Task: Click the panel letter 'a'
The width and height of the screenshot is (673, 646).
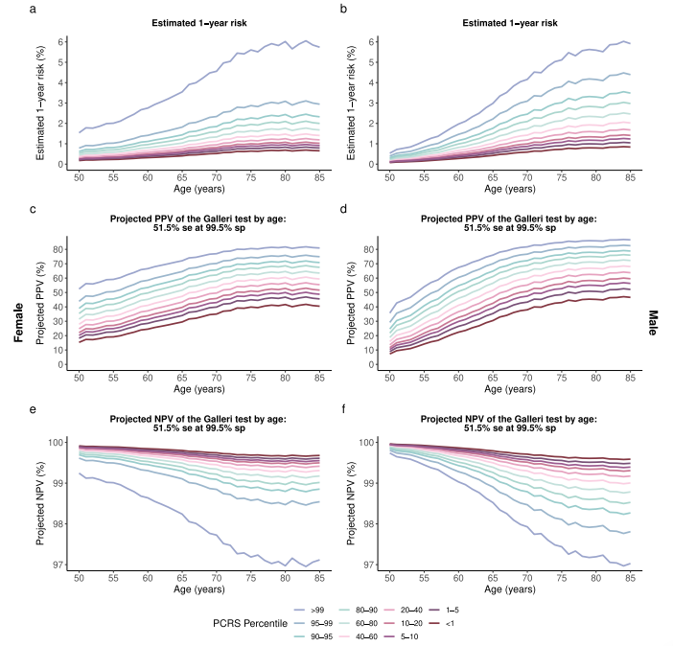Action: coord(34,10)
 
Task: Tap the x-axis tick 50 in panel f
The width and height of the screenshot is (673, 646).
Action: coord(389,578)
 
